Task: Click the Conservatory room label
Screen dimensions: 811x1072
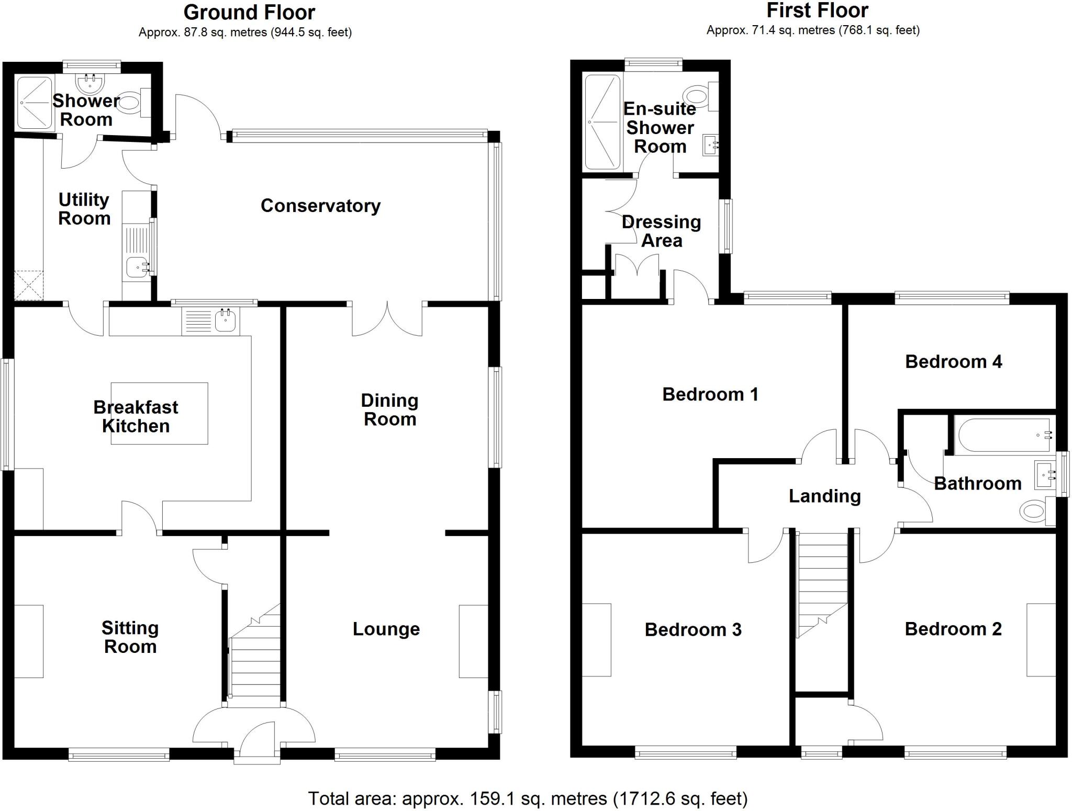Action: click(x=320, y=206)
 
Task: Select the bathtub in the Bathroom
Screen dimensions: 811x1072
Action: click(x=1002, y=435)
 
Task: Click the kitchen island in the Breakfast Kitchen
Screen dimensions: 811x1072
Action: click(x=159, y=414)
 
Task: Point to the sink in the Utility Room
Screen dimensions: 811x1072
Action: click(x=138, y=268)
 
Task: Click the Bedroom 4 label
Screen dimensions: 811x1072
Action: click(x=953, y=362)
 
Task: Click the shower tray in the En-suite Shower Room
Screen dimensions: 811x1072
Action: click(x=602, y=122)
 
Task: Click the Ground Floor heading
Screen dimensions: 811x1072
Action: click(x=249, y=12)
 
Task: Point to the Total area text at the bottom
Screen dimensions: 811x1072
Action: click(x=528, y=798)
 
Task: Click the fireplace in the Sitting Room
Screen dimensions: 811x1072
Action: click(x=29, y=641)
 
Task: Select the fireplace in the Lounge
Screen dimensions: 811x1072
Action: click(x=473, y=641)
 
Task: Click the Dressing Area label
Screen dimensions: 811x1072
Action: click(x=662, y=231)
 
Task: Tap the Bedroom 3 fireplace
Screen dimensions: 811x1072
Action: click(x=597, y=640)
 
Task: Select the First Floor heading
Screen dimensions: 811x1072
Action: click(x=817, y=10)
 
